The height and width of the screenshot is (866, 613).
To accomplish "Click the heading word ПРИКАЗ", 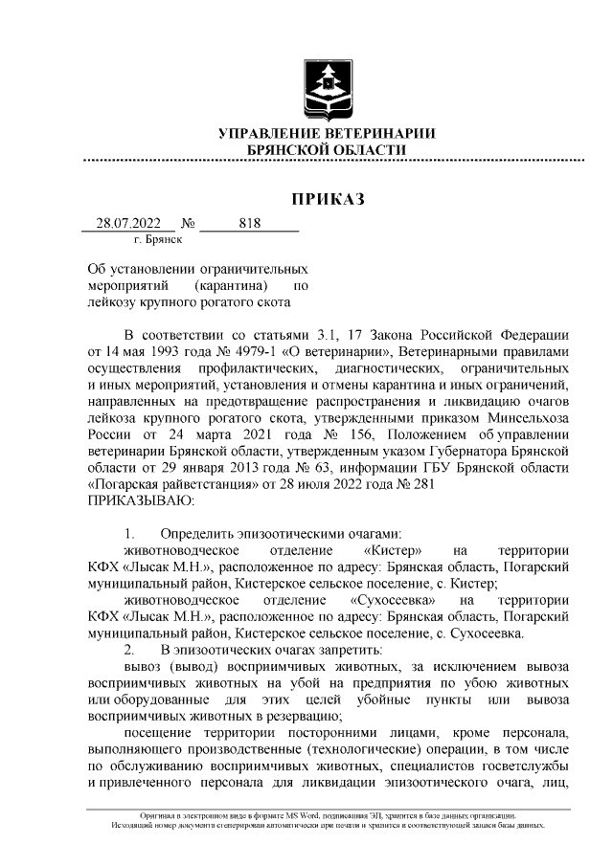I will point(328,199).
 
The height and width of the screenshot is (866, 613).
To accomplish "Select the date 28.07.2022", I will point(128,224).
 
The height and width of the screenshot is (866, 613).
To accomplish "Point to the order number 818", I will point(249,224).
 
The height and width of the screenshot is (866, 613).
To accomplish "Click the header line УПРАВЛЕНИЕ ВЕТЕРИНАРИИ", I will point(328,134).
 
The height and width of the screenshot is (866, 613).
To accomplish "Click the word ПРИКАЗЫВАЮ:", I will point(141,500).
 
